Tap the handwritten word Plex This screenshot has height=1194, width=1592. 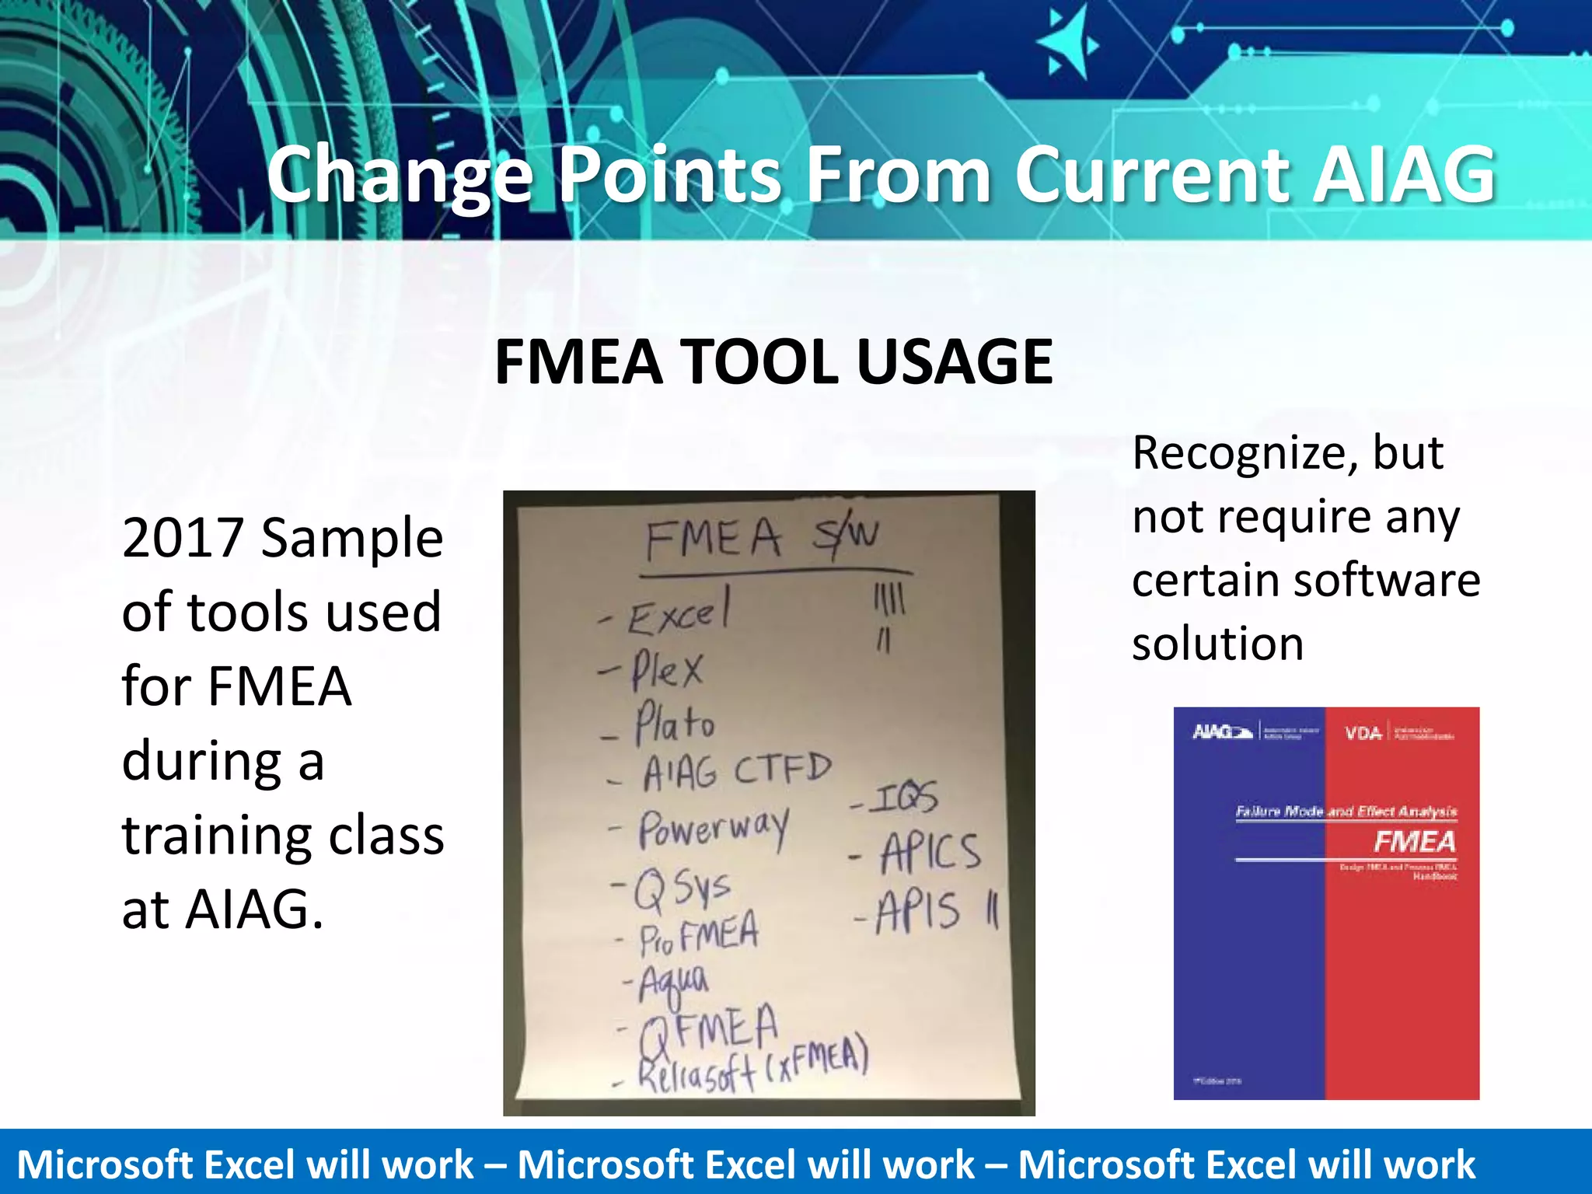[x=667, y=669]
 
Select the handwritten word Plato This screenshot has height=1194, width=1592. [x=674, y=724]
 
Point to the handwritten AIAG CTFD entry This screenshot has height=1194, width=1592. [x=736, y=772]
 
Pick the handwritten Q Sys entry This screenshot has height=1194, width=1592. [x=682, y=889]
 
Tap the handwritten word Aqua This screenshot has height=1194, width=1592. [x=673, y=983]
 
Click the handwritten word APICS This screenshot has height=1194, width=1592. [x=930, y=852]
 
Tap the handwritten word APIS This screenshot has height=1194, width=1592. [x=918, y=911]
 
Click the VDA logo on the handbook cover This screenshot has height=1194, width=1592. [x=1363, y=733]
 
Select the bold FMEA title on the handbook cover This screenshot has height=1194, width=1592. [x=1414, y=841]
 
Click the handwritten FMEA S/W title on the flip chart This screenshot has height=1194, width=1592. [x=762, y=538]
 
